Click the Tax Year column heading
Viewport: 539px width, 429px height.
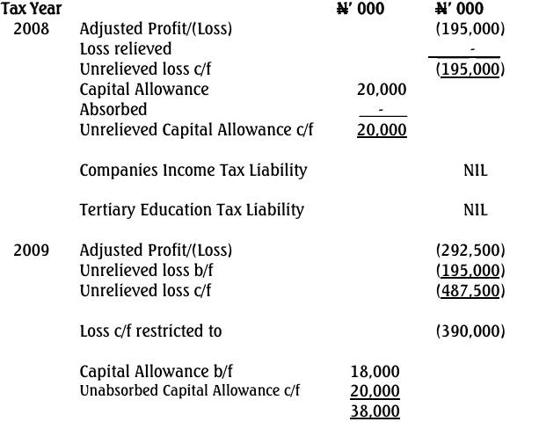[32, 10]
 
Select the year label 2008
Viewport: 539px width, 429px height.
[32, 29]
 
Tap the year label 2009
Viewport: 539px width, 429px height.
[32, 251]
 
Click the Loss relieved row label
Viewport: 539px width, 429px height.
[126, 49]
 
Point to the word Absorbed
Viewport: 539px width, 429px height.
[113, 110]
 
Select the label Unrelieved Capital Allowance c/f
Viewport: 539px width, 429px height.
[196, 130]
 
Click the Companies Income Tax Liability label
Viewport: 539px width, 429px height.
[193, 170]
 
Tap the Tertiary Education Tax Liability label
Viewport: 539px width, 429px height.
[192, 209]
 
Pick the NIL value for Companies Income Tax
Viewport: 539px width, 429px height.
[475, 171]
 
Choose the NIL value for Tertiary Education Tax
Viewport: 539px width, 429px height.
[475, 210]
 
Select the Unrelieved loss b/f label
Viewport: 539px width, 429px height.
[145, 271]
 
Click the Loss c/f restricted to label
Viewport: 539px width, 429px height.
[150, 331]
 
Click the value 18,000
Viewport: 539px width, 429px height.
[375, 372]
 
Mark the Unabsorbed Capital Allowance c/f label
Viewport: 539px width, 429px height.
[190, 390]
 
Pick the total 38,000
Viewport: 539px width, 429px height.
[375, 411]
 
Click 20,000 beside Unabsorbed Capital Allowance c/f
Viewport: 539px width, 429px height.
[375, 391]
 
